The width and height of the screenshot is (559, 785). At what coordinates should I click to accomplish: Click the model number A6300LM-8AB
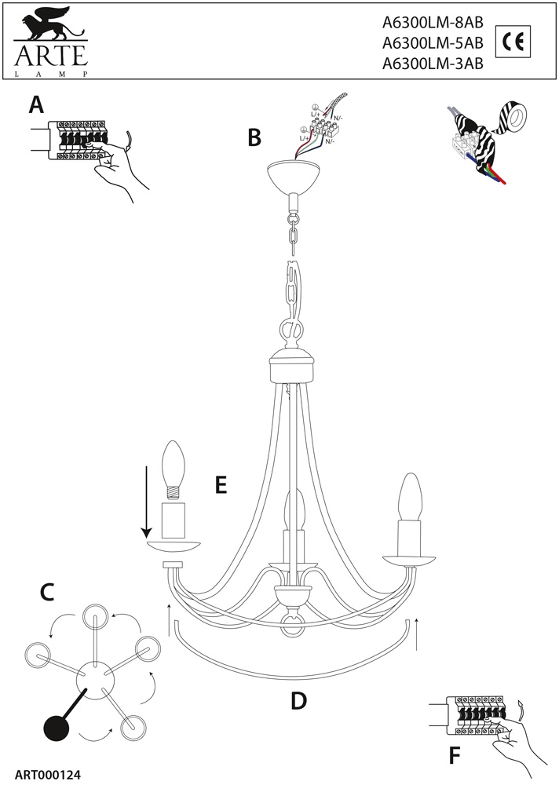pyautogui.click(x=432, y=23)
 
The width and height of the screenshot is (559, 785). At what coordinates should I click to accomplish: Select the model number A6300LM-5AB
pyautogui.click(x=432, y=44)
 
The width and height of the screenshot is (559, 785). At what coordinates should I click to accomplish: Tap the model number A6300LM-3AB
pyautogui.click(x=432, y=65)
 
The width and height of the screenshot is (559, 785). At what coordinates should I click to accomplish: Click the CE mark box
pyautogui.click(x=515, y=42)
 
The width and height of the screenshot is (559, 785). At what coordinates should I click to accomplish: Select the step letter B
pyautogui.click(x=254, y=138)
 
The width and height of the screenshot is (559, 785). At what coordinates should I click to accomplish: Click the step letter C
pyautogui.click(x=46, y=593)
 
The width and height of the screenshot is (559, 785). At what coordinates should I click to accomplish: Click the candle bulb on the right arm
pyautogui.click(x=409, y=496)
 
